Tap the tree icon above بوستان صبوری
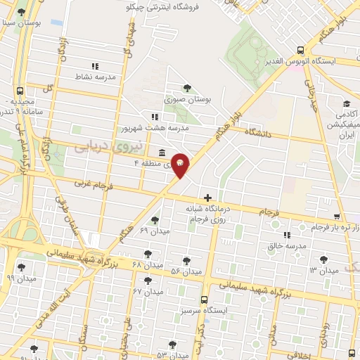186,88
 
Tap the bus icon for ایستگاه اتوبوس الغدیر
300,50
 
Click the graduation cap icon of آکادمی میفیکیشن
347,103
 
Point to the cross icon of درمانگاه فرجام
207,198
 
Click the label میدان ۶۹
154,231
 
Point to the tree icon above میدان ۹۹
22,266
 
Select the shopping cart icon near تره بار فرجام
337,216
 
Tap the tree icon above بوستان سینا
21,13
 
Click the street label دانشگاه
257,131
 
